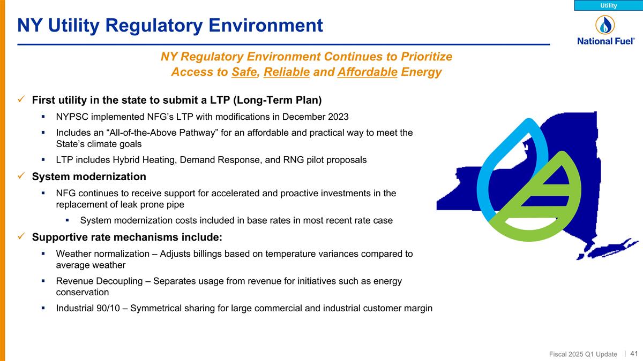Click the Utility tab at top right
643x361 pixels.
click(x=608, y=5)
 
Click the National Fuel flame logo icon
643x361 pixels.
click(x=605, y=25)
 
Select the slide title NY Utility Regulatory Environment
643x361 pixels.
click(x=170, y=25)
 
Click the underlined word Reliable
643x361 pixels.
click(x=287, y=72)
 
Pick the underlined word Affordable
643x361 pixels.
click(x=368, y=72)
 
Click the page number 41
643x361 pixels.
click(x=634, y=354)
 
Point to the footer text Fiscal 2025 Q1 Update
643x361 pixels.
click(x=583, y=354)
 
